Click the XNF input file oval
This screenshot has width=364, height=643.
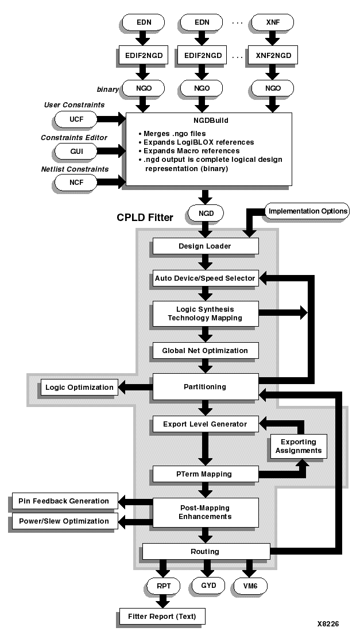(274, 22)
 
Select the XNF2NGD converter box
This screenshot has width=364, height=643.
(274, 56)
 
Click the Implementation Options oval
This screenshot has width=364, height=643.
(308, 211)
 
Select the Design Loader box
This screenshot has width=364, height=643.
(205, 246)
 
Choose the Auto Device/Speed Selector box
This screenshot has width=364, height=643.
(205, 278)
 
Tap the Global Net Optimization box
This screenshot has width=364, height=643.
(205, 351)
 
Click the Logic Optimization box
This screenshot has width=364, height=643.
(79, 387)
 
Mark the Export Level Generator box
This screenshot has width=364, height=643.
(205, 424)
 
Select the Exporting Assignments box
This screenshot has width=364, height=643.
(298, 446)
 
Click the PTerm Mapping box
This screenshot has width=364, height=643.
(205, 474)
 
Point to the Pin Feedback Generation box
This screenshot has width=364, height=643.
(65, 501)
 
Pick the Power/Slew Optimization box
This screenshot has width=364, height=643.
(65, 521)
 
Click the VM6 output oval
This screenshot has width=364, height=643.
(250, 586)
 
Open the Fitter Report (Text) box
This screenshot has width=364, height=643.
(161, 617)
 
